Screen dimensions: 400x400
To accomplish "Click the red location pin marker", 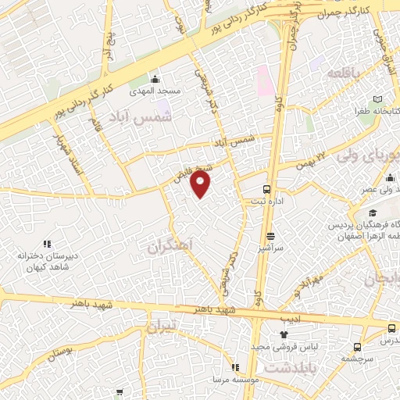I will [202, 185].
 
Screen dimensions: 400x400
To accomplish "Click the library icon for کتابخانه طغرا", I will [378, 99].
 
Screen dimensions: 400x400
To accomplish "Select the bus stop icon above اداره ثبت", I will [267, 189].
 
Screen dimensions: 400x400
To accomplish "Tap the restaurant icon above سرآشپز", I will [271, 236].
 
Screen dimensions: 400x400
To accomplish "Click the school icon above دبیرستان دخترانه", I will [46, 243].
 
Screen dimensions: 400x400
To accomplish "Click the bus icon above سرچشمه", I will [357, 347].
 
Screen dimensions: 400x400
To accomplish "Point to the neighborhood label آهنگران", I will [170, 247].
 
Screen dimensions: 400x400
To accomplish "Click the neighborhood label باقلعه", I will [345, 73].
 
